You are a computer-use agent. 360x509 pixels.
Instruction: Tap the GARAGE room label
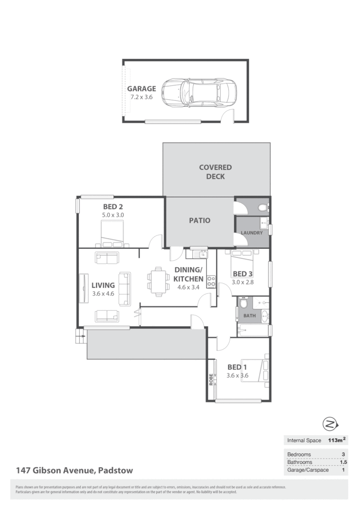[x=141, y=89]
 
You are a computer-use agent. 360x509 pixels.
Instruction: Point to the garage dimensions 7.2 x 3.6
[x=141, y=97]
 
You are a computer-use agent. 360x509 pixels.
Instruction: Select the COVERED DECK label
[x=215, y=172]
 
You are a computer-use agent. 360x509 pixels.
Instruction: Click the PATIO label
[x=199, y=221]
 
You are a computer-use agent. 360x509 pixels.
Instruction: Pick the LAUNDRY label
[x=252, y=233]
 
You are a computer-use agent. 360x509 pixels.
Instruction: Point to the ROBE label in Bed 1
[x=211, y=380]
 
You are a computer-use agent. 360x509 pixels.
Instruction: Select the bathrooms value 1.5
[x=343, y=462]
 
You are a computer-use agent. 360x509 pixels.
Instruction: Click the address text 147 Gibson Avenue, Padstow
[x=74, y=470]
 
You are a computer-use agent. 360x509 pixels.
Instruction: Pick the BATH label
[x=249, y=316]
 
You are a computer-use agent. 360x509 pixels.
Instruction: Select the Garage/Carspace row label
[x=308, y=470]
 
